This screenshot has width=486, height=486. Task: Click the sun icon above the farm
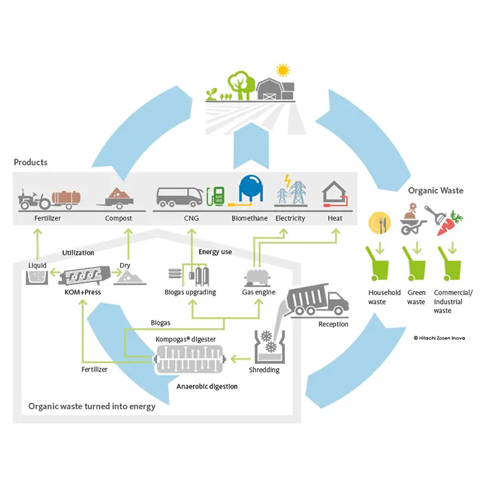(281, 71)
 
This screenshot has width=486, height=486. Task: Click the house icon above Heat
(335, 194)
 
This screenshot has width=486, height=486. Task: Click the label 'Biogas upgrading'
(192, 292)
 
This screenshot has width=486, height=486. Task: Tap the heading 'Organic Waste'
(436, 190)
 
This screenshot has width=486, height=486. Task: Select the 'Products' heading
(31, 162)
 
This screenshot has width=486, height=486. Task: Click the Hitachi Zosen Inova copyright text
(439, 337)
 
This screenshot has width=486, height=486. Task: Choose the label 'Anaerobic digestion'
(207, 386)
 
